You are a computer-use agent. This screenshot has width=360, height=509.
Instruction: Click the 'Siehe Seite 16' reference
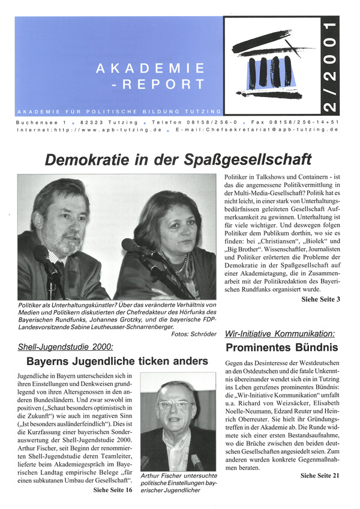(112, 490)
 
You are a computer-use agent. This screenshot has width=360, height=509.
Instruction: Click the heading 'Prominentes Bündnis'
(281, 347)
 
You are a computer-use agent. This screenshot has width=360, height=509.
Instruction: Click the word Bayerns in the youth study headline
(52, 361)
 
